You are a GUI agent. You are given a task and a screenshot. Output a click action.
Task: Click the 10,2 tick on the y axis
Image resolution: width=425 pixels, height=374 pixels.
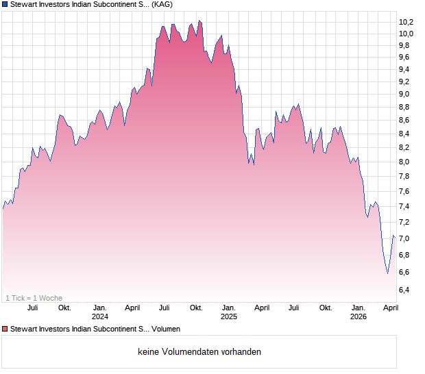(406, 21)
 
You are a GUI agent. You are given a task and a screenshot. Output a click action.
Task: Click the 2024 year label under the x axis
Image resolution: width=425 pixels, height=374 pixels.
(100, 317)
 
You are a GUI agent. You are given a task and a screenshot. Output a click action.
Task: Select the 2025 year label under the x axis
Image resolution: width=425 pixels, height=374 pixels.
(229, 317)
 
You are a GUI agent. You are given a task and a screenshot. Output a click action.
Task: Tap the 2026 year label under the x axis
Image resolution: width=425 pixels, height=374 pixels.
(359, 317)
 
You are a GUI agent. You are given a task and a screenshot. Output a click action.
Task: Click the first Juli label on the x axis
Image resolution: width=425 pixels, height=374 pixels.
(32, 308)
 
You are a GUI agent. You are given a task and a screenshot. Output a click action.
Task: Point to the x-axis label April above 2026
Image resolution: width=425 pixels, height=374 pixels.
(391, 308)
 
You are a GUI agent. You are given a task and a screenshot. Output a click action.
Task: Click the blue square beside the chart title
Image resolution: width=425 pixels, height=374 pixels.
(5, 5)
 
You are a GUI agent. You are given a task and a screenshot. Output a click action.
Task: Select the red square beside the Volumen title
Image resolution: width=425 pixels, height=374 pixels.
(5, 329)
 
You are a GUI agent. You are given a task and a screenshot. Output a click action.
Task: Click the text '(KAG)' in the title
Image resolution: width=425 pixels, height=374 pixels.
(161, 5)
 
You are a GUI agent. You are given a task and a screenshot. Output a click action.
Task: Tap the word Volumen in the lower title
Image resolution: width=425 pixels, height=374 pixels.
(166, 329)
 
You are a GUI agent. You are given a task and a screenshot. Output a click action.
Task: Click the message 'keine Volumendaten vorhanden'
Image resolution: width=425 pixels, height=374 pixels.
(199, 352)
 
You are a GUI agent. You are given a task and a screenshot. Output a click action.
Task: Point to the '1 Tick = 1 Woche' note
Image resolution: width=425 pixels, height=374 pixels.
(34, 298)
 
